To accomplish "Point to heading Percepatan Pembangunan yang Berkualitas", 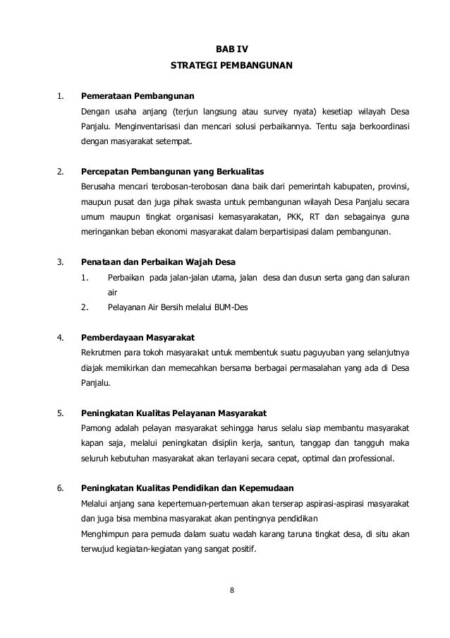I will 170,172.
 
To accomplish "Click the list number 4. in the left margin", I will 61,337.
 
